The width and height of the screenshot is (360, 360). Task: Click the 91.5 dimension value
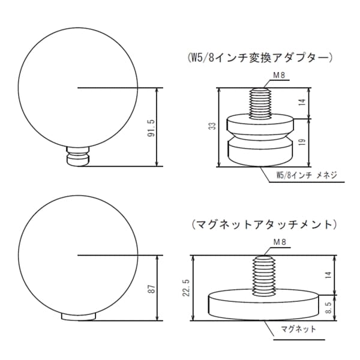(151, 128)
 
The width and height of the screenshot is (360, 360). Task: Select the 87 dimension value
(151, 289)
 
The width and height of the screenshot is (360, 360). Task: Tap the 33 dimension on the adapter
(211, 127)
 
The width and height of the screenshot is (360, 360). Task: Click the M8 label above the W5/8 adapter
(262, 76)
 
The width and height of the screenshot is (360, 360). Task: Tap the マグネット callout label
(298, 329)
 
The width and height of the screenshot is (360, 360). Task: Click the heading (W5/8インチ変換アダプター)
(260, 58)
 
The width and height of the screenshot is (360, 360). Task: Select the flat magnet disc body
(263, 305)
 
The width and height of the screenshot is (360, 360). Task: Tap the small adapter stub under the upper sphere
(78, 157)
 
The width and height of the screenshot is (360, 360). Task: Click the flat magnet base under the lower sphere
(78, 316)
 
